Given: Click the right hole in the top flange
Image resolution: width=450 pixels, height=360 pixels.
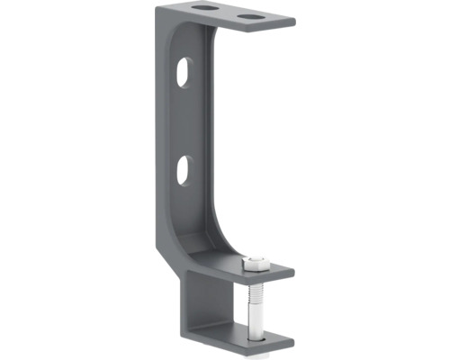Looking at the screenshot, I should (253, 16).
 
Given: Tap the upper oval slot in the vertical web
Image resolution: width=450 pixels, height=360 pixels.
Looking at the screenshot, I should (185, 71).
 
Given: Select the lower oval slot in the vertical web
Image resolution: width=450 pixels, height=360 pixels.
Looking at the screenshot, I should (184, 168).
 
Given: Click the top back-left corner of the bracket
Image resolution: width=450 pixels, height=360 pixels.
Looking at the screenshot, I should (157, 7).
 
